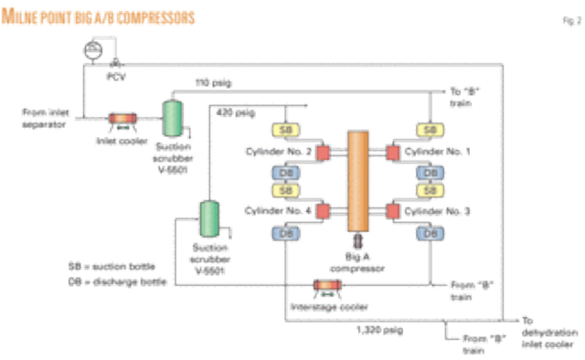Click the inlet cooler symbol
pos(121,118)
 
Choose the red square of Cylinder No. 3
pos(392,211)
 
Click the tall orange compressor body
pos(357,182)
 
